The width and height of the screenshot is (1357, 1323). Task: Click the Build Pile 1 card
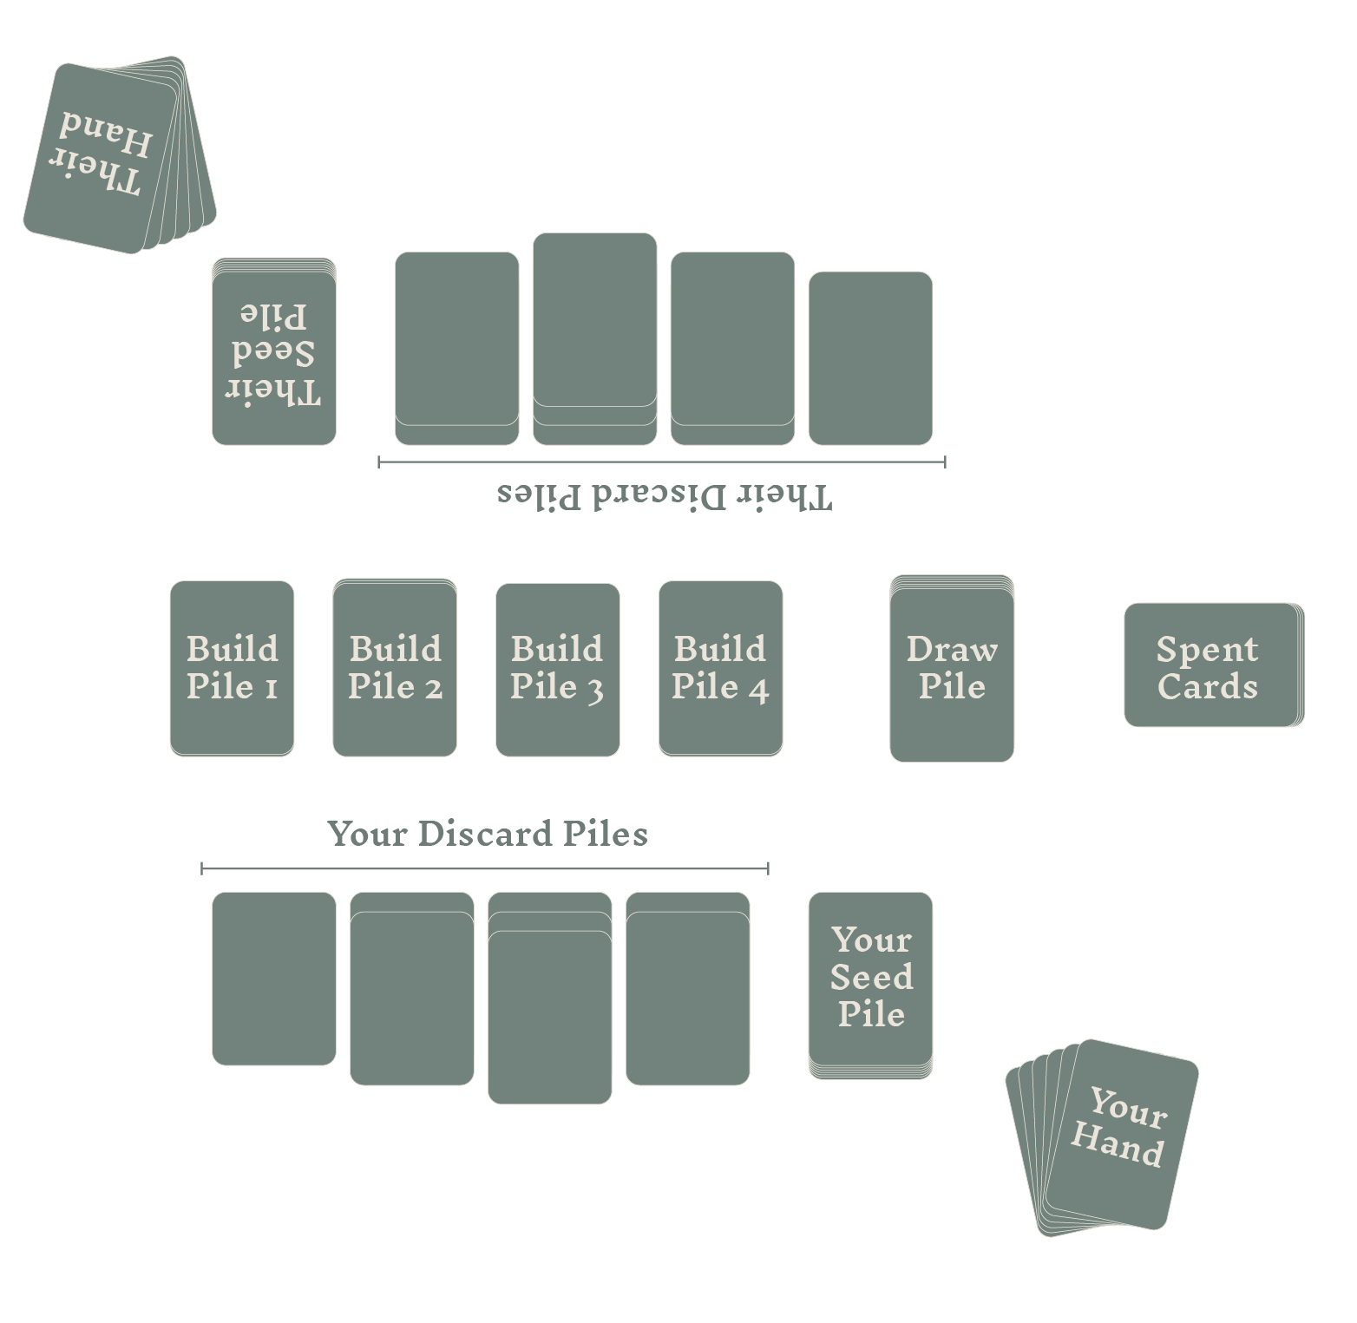click(x=232, y=668)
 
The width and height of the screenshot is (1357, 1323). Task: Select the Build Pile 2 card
click(x=395, y=668)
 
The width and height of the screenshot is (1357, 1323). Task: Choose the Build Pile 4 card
click(x=720, y=668)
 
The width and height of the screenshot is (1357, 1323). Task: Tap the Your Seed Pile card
click(x=870, y=980)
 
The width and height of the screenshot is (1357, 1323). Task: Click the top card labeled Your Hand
click(x=1121, y=1132)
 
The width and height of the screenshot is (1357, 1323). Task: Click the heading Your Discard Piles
click(x=488, y=834)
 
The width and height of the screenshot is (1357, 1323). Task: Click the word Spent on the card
click(x=1207, y=649)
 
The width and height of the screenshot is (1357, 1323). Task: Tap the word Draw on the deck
click(x=952, y=649)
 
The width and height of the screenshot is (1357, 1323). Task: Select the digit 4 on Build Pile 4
click(x=758, y=689)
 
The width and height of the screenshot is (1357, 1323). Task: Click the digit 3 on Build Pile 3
click(x=594, y=689)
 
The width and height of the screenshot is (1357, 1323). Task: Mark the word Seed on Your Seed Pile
click(x=871, y=977)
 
